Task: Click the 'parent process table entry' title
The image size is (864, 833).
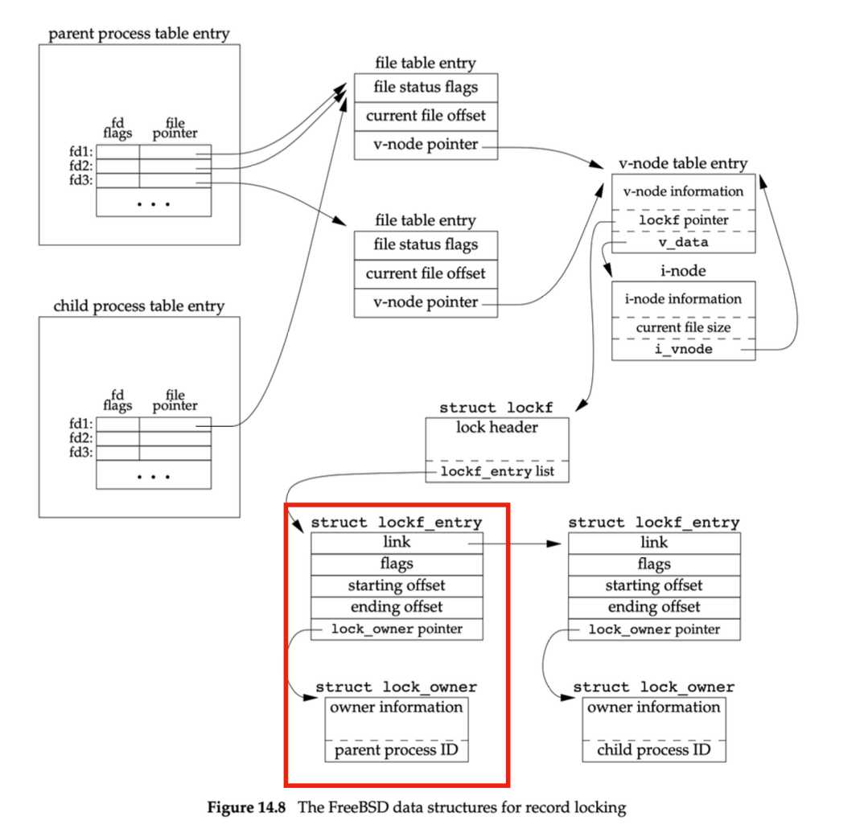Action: pos(139,34)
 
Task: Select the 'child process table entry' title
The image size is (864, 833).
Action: pos(139,306)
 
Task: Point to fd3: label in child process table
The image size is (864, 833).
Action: pos(82,453)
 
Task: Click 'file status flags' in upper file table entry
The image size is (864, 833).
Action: pos(426,88)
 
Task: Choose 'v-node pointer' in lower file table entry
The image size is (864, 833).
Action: pos(426,302)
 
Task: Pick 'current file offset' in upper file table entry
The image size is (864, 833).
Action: pos(426,116)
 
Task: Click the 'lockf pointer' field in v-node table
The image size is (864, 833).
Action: pos(683,220)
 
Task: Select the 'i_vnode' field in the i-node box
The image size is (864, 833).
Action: pos(683,350)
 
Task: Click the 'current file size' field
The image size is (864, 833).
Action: pos(683,328)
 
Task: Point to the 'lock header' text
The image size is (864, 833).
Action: pos(496,428)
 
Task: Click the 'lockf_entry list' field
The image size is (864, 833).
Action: pos(496,471)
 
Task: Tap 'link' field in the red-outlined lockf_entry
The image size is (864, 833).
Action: pos(397,543)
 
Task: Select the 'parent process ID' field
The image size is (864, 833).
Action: pos(397,751)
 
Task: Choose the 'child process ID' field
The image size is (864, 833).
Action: pos(653,751)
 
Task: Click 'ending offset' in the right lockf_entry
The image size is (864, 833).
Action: pos(653,607)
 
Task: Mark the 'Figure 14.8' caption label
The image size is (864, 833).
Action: pos(249,807)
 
